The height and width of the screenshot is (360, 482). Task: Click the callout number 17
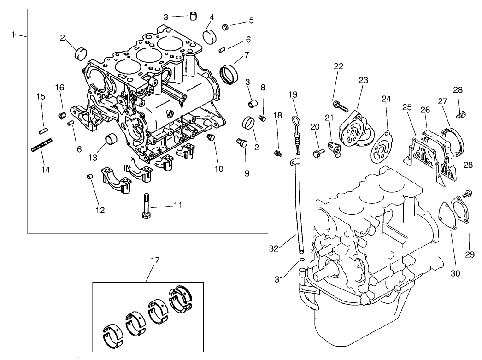(155, 260)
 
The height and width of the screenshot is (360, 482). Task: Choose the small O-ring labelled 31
(301, 260)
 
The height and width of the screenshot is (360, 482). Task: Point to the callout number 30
(455, 272)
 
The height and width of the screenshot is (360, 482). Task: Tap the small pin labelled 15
(44, 130)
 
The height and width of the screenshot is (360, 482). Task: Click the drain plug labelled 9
(241, 143)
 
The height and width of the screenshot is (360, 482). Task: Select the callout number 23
(363, 80)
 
